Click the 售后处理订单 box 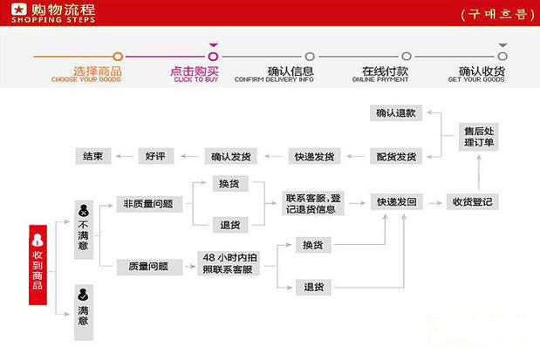point(479,137)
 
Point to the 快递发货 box point(314,157)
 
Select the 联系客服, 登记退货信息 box point(314,202)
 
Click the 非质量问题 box point(148,204)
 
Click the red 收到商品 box point(38,262)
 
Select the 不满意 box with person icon point(83,222)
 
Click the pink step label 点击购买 point(195,71)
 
